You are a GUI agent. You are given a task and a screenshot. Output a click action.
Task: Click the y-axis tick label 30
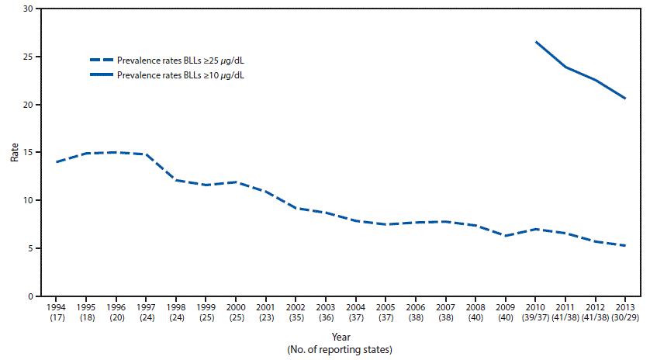pos(27,9)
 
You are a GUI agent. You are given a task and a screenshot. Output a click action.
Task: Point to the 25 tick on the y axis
pos(27,57)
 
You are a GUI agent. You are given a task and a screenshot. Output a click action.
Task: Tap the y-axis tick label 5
pos(29,248)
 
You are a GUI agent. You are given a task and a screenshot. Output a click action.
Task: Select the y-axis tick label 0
pos(29,296)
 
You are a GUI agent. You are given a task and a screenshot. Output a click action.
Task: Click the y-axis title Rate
pos(14,152)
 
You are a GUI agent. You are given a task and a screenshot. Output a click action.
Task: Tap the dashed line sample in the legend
pos(101,60)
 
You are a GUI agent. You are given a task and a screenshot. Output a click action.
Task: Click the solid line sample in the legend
pos(101,75)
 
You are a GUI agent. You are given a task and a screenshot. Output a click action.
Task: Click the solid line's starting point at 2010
pos(535,42)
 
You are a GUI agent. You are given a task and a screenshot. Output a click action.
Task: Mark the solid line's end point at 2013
pos(625,99)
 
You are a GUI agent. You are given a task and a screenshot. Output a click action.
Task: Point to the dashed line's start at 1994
pos(56,162)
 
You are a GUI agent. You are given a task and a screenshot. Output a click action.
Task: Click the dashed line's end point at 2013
pos(625,245)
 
